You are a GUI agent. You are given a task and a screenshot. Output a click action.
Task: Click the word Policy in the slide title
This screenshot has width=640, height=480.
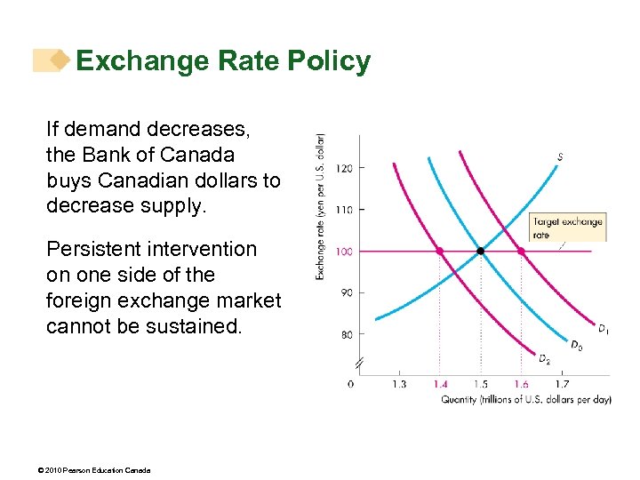(x=329, y=61)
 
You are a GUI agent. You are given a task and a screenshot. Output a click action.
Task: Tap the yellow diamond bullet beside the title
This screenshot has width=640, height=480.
(x=59, y=60)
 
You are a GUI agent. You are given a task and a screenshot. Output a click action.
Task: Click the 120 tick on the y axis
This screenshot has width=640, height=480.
(x=344, y=168)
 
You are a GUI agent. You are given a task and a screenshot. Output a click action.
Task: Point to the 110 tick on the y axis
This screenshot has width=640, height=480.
(x=344, y=210)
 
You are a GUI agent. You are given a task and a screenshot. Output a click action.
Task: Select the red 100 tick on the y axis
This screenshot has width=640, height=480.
(x=344, y=252)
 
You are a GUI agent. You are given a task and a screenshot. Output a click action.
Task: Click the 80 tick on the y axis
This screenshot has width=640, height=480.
(x=344, y=334)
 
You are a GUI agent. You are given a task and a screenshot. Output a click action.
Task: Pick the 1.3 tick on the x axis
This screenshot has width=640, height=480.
(x=398, y=384)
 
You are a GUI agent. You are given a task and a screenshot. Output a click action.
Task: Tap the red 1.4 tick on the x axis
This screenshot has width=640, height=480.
(x=440, y=384)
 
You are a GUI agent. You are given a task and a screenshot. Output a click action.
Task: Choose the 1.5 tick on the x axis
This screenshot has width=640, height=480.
(x=481, y=384)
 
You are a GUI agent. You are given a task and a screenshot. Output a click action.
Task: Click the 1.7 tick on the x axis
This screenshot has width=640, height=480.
(x=562, y=384)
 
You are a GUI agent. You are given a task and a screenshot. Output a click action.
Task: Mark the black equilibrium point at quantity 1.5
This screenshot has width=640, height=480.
(x=481, y=252)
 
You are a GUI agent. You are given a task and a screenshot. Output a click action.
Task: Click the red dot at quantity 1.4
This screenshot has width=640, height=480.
(x=439, y=252)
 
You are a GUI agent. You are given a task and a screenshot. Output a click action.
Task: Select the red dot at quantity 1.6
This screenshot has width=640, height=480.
(x=521, y=252)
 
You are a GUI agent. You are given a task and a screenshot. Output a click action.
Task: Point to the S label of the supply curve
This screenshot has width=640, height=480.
(x=559, y=157)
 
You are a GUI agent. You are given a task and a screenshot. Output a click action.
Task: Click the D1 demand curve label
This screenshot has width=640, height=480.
(x=603, y=330)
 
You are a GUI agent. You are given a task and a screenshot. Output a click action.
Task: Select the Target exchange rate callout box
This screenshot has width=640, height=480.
(x=567, y=228)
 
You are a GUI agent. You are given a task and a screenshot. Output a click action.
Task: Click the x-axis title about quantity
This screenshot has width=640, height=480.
(x=526, y=399)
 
